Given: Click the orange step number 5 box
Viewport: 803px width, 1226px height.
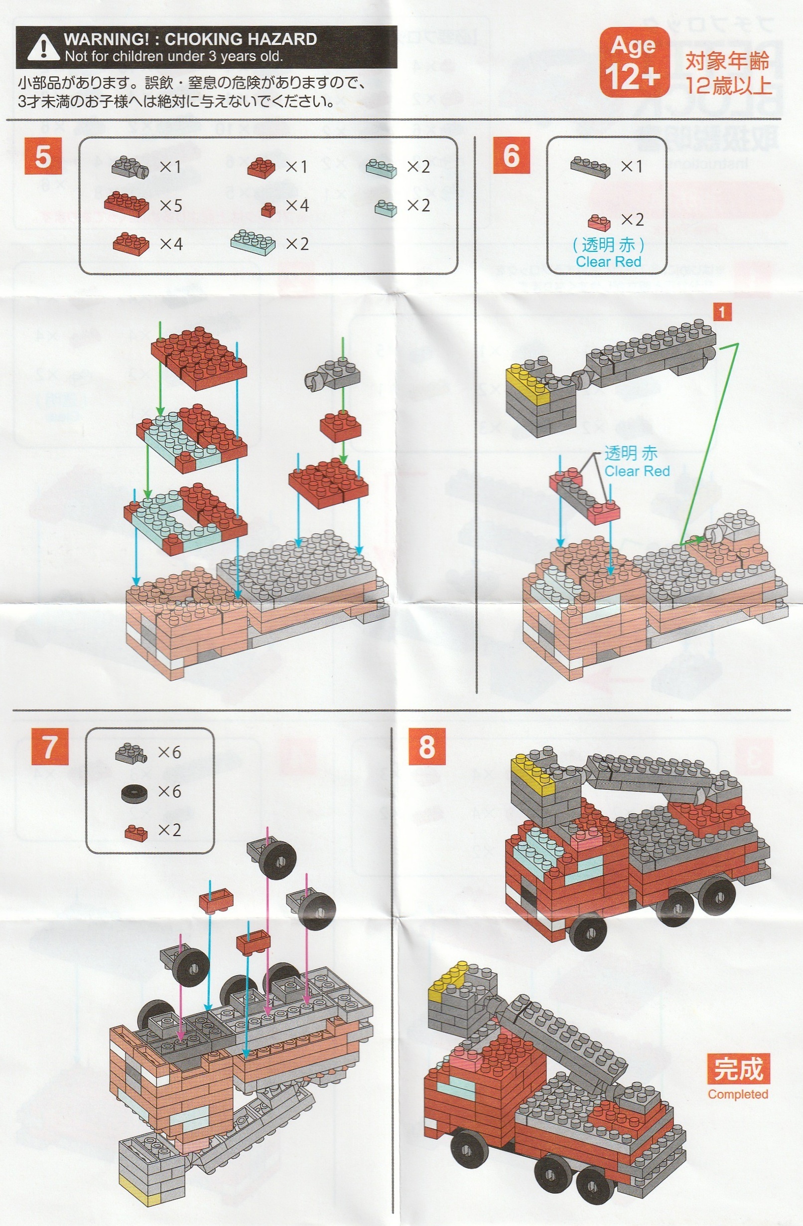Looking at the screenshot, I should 43,156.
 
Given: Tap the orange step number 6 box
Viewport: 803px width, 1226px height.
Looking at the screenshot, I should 511,155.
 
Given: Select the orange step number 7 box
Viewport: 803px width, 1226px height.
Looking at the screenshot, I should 49,746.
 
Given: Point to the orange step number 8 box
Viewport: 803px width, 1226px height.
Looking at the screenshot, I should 427,746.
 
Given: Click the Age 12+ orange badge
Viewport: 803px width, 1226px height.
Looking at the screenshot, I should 634,62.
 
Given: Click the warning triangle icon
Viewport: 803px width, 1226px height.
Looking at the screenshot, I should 43,47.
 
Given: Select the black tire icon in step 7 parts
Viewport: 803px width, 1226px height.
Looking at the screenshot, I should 134,792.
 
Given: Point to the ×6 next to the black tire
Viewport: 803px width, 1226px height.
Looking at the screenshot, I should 169,791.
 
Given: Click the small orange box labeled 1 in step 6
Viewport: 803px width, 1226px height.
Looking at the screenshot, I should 722,312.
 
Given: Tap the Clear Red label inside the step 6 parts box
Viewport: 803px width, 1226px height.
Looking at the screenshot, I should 608,262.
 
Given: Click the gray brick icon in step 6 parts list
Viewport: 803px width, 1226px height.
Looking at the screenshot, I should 590,166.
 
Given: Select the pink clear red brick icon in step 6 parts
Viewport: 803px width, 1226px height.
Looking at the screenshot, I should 599,221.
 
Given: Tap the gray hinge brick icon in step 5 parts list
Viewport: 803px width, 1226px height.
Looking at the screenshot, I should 130,167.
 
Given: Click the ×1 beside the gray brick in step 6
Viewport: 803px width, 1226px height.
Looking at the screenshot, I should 632,166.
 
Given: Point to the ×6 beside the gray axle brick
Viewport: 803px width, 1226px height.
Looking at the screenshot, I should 169,752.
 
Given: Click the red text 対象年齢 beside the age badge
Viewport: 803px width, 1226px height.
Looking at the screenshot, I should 727,61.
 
